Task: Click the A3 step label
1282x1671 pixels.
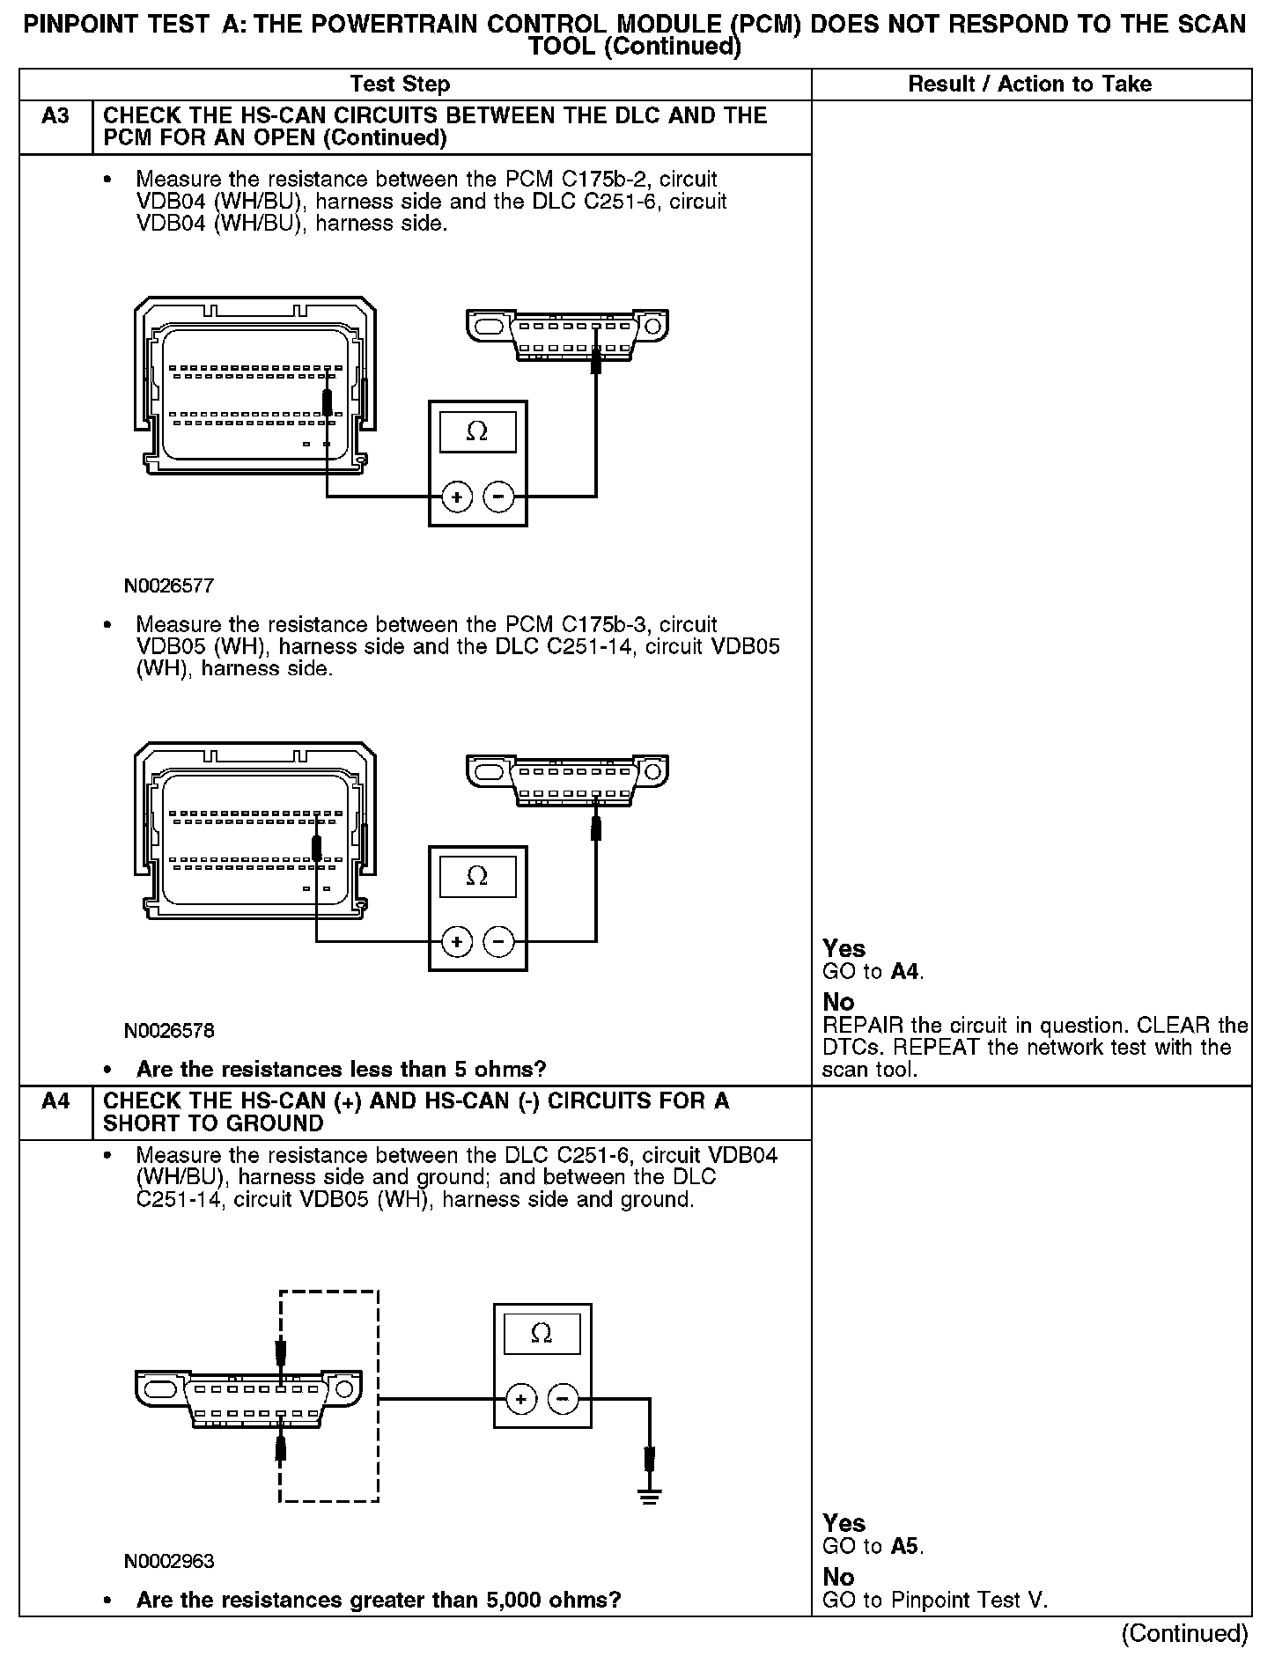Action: click(55, 116)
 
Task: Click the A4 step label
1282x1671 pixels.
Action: click(55, 1101)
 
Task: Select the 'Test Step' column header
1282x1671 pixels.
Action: click(400, 85)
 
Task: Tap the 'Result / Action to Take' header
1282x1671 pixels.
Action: click(1029, 85)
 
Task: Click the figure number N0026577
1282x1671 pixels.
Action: click(168, 585)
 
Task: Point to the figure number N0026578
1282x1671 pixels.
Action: click(168, 1030)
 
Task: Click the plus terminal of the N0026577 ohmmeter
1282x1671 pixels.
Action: click(456, 498)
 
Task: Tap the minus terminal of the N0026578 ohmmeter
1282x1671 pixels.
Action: click(499, 943)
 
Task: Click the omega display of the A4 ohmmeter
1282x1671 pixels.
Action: click(542, 1334)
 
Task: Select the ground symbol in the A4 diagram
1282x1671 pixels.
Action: click(649, 1496)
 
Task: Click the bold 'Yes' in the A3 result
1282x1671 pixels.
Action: click(844, 948)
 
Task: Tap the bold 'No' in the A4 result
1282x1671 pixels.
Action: click(838, 1576)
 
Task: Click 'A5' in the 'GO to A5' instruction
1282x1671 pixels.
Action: click(904, 1547)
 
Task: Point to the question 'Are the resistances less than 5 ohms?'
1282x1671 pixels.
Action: click(341, 1070)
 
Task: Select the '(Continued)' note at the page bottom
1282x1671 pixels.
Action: click(1184, 1633)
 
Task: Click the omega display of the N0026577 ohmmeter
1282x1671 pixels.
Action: click(477, 431)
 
